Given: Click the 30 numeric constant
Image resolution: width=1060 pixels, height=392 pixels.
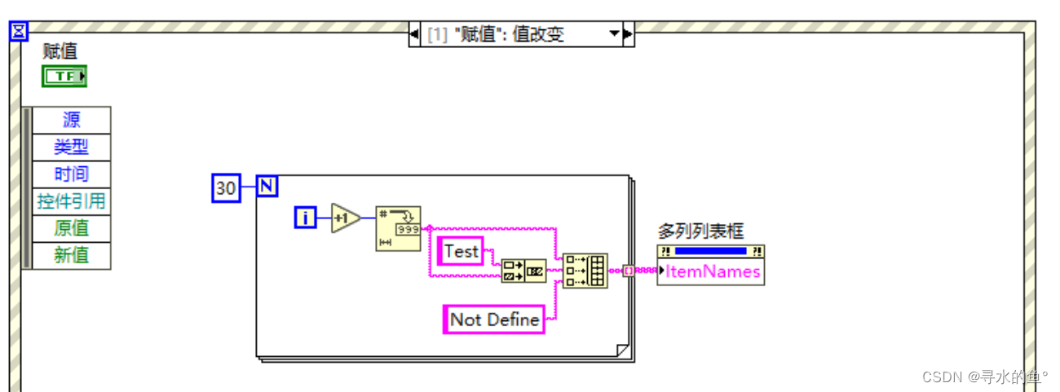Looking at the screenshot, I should click(x=226, y=188).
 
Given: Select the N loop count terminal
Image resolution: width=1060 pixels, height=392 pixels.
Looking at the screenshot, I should click(x=267, y=186).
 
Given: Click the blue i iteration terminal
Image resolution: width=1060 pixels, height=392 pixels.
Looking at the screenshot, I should click(x=305, y=218).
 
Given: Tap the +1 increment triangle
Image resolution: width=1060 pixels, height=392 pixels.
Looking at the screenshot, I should click(x=345, y=218).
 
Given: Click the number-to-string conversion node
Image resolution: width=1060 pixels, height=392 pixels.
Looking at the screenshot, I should click(x=398, y=228).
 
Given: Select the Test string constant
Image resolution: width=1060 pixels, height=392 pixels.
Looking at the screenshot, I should click(x=461, y=252).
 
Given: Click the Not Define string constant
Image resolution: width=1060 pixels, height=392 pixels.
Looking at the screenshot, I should click(x=494, y=319).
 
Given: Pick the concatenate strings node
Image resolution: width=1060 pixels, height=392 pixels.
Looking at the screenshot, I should click(x=523, y=271).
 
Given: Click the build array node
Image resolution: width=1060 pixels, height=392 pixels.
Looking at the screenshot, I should click(x=585, y=271).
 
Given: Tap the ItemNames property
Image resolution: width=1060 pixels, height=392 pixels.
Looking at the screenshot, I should click(x=713, y=271).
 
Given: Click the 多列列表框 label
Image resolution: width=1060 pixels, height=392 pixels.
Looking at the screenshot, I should click(x=700, y=231).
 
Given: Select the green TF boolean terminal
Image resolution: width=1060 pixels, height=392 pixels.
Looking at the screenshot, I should click(x=64, y=77).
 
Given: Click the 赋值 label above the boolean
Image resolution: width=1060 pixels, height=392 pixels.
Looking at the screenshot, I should click(x=60, y=51).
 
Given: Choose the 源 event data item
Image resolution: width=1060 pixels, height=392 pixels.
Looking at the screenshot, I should click(x=71, y=120).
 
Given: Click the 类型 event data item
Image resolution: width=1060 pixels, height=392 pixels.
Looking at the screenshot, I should click(x=71, y=147).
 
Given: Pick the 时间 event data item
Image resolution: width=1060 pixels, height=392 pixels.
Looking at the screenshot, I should click(x=71, y=174).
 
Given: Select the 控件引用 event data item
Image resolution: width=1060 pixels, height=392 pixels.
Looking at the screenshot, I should click(x=71, y=200).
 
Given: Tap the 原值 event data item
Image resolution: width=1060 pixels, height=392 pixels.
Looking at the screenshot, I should click(x=71, y=227).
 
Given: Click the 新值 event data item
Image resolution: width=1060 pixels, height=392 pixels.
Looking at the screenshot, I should click(x=71, y=254).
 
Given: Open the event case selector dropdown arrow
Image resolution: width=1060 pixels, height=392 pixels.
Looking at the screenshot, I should click(x=614, y=34).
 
